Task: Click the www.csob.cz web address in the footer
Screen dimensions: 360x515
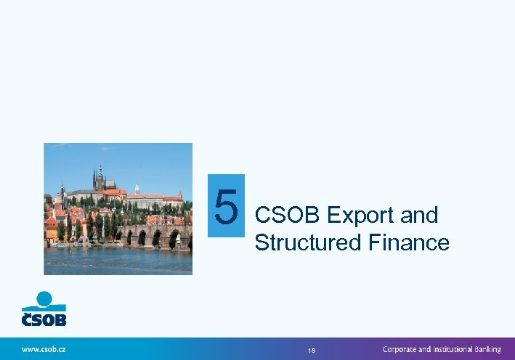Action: tap(44, 349)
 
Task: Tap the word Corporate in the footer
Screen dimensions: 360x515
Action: tap(402, 349)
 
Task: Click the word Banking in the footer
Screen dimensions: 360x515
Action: tap(484, 349)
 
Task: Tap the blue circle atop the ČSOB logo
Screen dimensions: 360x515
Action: tap(44, 298)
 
